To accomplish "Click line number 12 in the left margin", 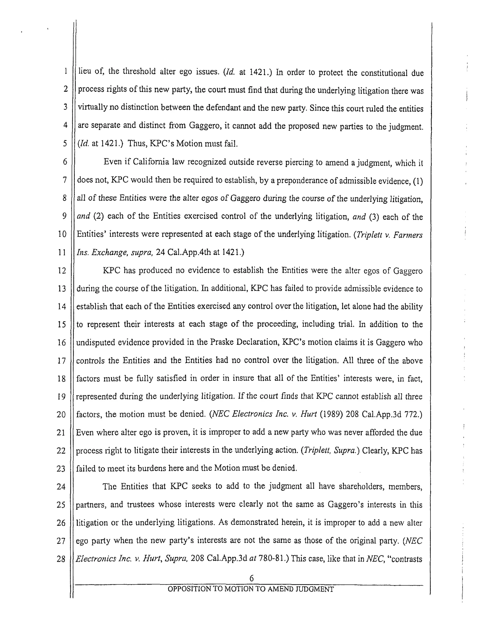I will point(62,271).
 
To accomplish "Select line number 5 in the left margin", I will point(65,144).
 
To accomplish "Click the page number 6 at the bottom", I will point(252,578).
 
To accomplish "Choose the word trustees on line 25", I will point(141,504).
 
